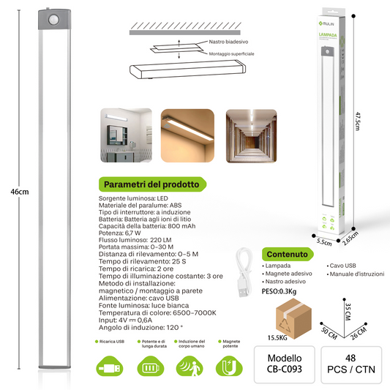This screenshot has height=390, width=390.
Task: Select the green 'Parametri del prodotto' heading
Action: (151, 184)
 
